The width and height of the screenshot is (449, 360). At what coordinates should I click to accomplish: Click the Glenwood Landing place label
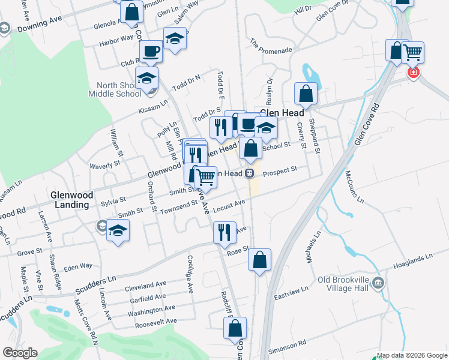pos(70,200)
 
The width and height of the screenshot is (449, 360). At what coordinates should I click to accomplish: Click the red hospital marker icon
pos(413,73)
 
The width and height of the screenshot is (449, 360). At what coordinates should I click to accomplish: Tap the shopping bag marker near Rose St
pos(259,260)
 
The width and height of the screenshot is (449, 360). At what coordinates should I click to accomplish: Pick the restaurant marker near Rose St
pos(224,232)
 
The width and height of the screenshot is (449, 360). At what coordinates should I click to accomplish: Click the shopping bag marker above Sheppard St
pos(306,94)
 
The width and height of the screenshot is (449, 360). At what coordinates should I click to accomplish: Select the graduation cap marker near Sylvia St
pos(118,231)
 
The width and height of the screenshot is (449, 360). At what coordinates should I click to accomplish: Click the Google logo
pos(20,353)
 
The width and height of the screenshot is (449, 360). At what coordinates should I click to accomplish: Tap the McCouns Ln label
pos(354,187)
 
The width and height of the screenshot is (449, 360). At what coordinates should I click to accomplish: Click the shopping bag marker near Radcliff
pos(235,328)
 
